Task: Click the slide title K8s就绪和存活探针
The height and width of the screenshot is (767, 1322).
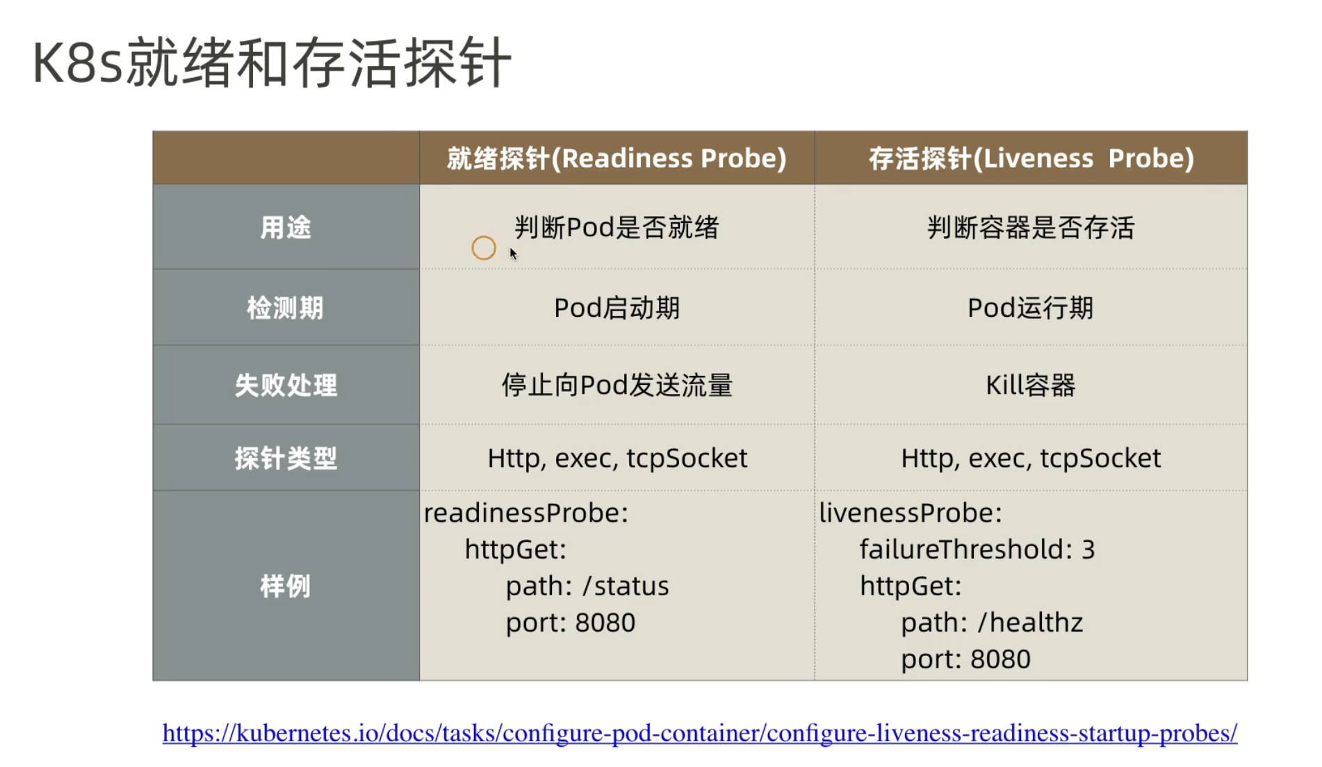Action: (x=272, y=63)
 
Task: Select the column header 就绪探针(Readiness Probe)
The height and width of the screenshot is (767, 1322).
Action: (x=617, y=158)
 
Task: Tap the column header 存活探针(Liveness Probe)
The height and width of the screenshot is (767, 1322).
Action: (x=1031, y=158)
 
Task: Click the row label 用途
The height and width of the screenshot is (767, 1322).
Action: (x=286, y=227)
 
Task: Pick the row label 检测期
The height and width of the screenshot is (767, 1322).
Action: (x=286, y=308)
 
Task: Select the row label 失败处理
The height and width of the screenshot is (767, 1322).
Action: (x=286, y=385)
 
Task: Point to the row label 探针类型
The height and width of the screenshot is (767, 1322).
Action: (x=286, y=459)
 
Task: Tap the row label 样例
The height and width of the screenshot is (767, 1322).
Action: (x=286, y=586)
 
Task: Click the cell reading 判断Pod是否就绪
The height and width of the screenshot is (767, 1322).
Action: (x=617, y=227)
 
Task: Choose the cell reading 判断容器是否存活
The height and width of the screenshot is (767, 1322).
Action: (x=1031, y=227)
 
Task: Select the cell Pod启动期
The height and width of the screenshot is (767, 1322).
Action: (x=617, y=308)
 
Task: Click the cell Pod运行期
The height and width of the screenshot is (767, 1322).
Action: (x=1031, y=308)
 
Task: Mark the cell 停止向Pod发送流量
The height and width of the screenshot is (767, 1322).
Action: (x=617, y=385)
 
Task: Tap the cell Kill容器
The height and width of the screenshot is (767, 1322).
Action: (x=1031, y=385)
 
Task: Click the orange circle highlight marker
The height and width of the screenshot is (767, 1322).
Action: (x=484, y=236)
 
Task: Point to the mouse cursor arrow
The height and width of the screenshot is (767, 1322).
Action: (x=513, y=254)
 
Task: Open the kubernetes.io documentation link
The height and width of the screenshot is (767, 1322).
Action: (x=700, y=733)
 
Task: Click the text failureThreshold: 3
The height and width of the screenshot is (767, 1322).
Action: (x=977, y=550)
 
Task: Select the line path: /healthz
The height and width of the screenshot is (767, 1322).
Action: (x=992, y=622)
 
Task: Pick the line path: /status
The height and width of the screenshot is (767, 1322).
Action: (x=587, y=586)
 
